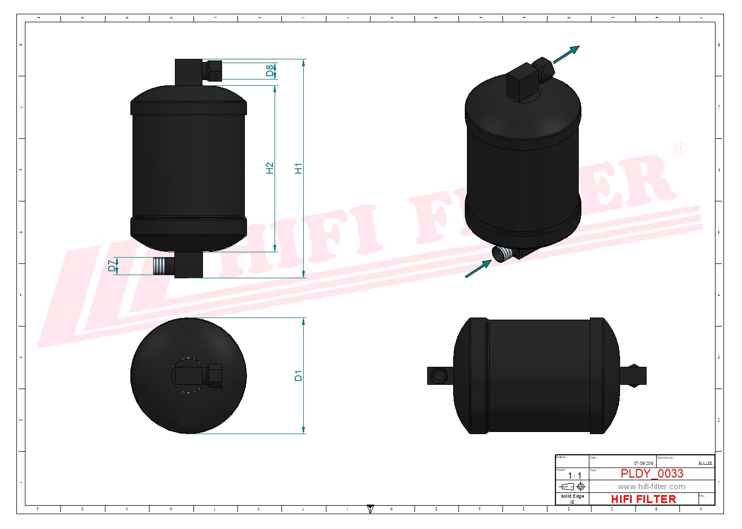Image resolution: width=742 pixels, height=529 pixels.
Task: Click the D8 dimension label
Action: (x=270, y=70)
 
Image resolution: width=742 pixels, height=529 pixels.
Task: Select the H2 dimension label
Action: (x=270, y=168)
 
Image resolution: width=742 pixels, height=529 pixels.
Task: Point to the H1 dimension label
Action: (x=298, y=169)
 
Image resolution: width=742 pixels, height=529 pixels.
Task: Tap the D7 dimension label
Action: (x=112, y=266)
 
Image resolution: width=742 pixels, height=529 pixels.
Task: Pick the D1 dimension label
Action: (x=298, y=376)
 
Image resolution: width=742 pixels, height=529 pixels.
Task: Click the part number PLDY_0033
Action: (x=651, y=473)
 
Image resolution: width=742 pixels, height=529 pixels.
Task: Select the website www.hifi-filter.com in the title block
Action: (x=651, y=487)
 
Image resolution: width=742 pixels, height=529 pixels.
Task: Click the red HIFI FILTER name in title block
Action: (x=643, y=499)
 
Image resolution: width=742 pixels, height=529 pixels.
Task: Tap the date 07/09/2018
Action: (x=643, y=463)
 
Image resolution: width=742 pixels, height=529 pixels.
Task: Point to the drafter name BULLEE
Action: (x=705, y=463)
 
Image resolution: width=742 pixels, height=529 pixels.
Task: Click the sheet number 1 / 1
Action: (x=575, y=475)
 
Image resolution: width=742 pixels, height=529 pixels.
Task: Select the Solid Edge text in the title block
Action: (x=572, y=497)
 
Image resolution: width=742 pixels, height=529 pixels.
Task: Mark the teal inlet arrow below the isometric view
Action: (x=479, y=269)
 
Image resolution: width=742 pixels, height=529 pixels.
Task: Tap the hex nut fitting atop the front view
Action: (x=213, y=70)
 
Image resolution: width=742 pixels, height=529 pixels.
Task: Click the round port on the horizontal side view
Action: (x=438, y=376)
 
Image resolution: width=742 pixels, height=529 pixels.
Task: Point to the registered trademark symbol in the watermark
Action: (x=678, y=149)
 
